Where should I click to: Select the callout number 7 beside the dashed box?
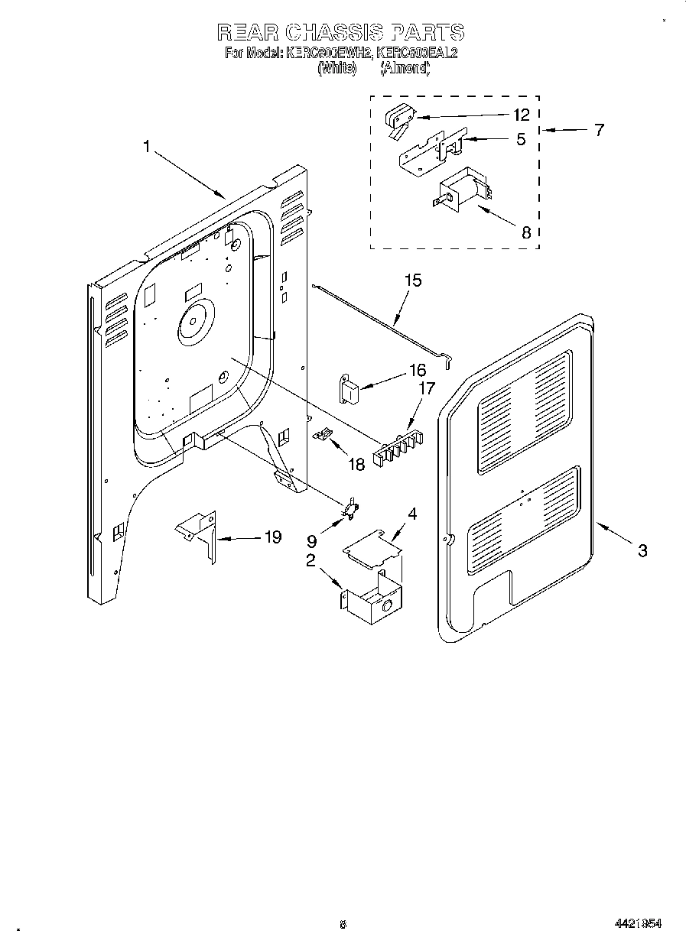pos(599,129)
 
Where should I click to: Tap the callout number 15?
pos(412,281)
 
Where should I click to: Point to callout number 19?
pos(271,537)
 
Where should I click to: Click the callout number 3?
pos(642,550)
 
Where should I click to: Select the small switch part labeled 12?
pos(398,118)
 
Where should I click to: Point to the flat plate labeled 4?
pos(372,548)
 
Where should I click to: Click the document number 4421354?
pos(637,924)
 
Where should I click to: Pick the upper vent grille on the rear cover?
pos(525,411)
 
